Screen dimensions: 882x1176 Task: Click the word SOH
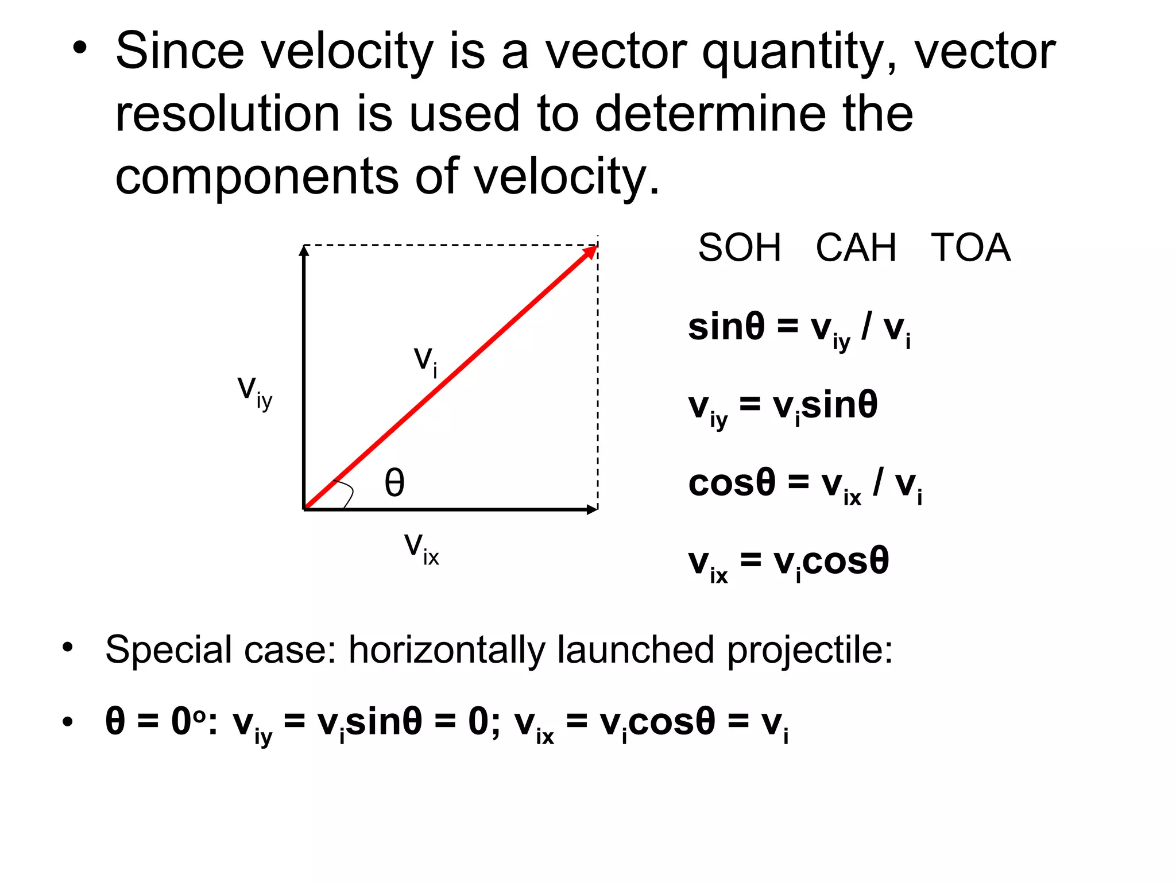[x=740, y=248]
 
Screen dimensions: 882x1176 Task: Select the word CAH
[x=856, y=248]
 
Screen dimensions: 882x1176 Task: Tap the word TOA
[x=970, y=248]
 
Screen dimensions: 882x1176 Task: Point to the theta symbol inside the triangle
[x=394, y=482]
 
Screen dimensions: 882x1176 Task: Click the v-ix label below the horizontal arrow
[x=421, y=548]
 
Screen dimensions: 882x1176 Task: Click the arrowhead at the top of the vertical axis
[x=304, y=250]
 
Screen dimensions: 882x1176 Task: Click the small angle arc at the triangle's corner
[x=347, y=493]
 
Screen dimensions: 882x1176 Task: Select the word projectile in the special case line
[x=810, y=651]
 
